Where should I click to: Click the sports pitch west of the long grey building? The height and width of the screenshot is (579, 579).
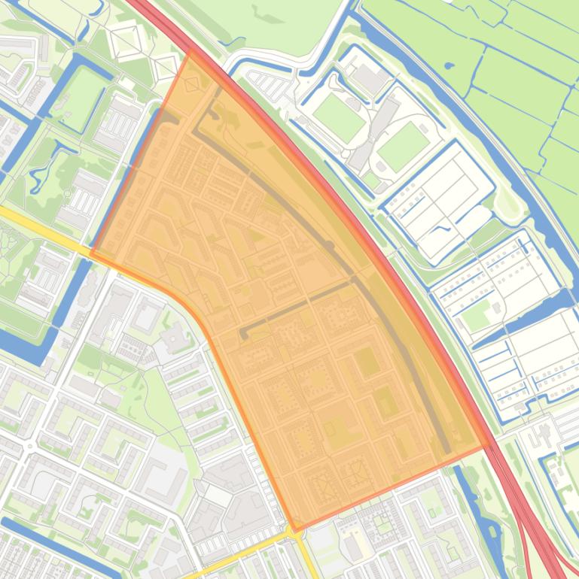click(x=339, y=117)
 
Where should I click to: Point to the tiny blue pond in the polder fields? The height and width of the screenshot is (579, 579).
click(x=449, y=65)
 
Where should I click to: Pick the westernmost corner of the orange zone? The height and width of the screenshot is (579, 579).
click(x=90, y=253)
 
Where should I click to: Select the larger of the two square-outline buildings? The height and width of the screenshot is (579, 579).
click(x=125, y=42)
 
